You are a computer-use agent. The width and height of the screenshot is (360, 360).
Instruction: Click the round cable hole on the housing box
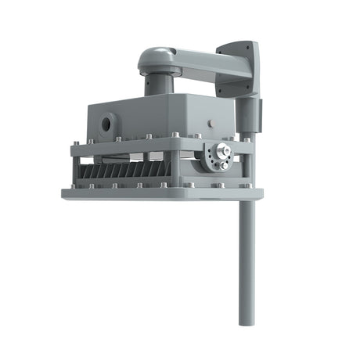click(106, 124)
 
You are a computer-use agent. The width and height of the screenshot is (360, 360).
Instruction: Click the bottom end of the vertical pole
click(247, 322)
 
